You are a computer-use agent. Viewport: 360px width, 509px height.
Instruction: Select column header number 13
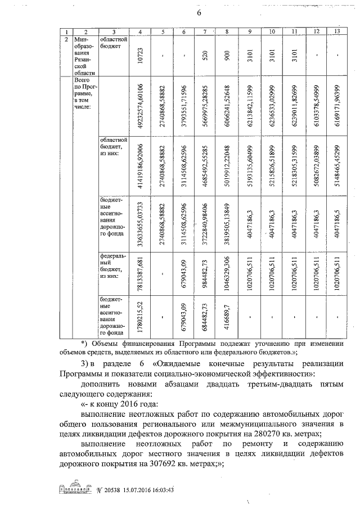(x=337, y=32)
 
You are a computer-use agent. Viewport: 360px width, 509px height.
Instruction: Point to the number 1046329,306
(x=227, y=274)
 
